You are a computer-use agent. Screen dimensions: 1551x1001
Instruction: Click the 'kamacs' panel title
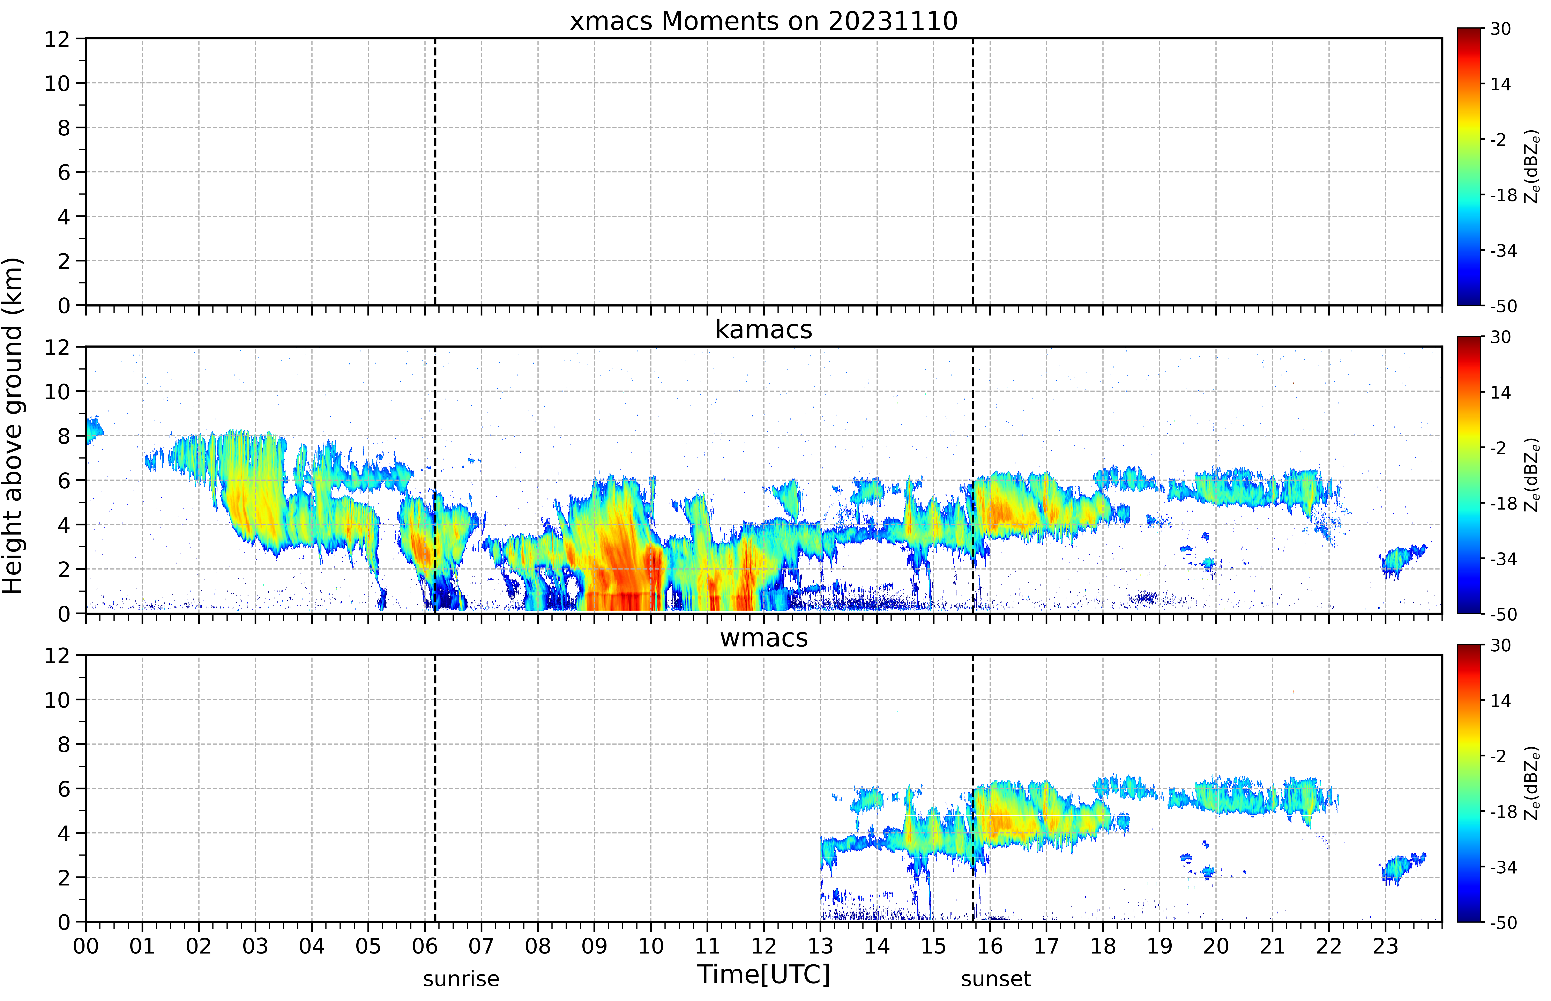(763, 329)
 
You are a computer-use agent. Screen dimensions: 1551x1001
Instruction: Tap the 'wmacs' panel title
(763, 638)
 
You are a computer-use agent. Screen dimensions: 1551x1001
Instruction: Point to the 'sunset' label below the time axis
(996, 979)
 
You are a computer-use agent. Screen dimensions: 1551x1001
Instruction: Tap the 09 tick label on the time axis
(594, 946)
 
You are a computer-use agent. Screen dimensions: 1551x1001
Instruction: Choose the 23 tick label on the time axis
(1385, 946)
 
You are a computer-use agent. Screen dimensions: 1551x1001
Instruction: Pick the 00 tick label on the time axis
(86, 946)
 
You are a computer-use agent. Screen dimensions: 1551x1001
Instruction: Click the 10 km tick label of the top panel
(57, 83)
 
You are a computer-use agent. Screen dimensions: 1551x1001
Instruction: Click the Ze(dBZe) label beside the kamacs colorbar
(1532, 475)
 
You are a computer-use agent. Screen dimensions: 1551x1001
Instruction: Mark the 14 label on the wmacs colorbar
(1500, 701)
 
